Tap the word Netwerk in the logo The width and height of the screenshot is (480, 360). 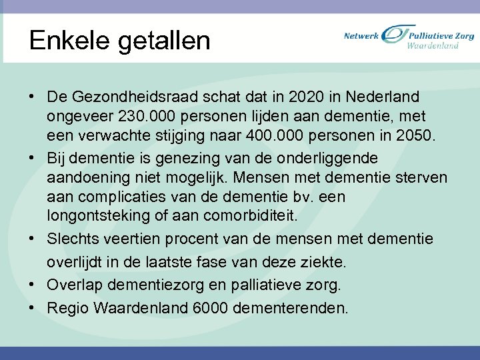pos(361,35)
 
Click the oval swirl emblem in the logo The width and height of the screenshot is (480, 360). pos(393,38)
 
